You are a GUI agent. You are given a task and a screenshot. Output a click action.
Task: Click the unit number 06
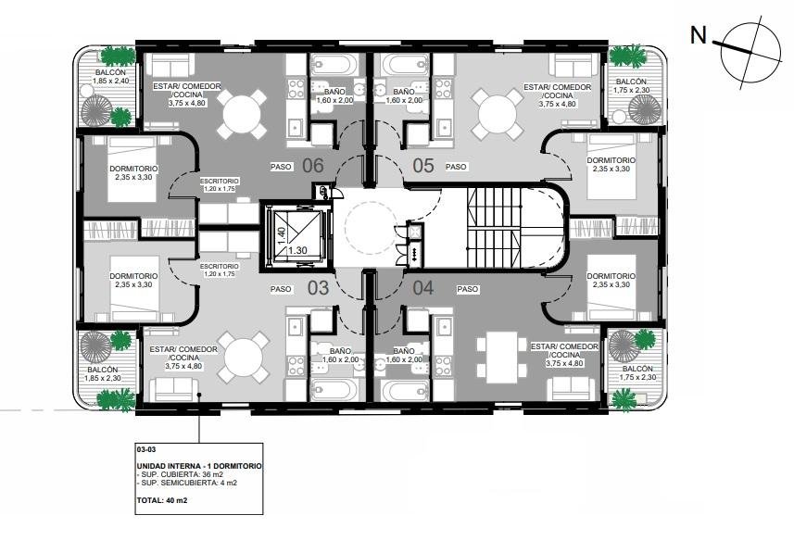click(313, 165)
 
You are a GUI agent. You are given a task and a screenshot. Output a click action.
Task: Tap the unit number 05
click(423, 165)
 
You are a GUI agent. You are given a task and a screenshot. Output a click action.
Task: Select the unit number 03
click(319, 288)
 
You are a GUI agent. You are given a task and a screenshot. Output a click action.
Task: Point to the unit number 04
click(423, 288)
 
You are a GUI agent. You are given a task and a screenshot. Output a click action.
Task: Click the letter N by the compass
click(699, 35)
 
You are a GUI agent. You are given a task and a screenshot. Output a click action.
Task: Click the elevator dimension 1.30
click(297, 250)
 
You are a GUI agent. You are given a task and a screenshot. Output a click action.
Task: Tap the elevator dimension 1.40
click(282, 235)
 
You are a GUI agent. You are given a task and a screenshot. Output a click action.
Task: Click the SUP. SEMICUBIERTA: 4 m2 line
click(187, 483)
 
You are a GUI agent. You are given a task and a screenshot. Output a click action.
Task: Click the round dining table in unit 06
click(242, 114)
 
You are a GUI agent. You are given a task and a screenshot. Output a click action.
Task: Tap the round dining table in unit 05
click(498, 114)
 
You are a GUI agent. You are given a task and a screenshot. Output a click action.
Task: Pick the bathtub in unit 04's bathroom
click(404, 389)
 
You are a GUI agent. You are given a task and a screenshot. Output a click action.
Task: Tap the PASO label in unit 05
click(456, 167)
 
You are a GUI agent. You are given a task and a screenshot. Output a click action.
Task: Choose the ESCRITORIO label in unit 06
click(220, 181)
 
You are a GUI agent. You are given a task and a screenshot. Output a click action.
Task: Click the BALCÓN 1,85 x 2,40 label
click(111, 77)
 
